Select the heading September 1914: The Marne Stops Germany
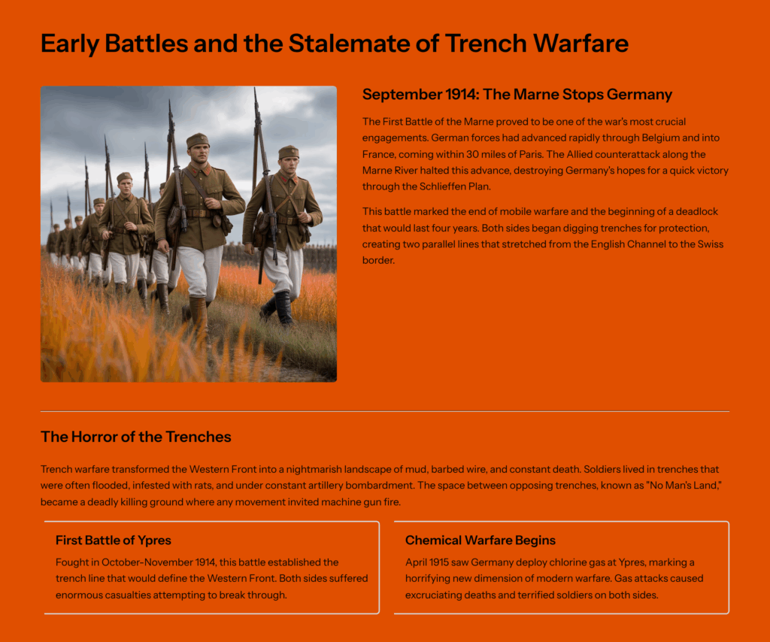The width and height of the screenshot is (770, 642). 517,94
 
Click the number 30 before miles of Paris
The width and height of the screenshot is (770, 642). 473,154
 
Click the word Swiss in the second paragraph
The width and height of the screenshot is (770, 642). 711,244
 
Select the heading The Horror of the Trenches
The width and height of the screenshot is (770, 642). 136,437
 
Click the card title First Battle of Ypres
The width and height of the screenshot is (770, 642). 114,541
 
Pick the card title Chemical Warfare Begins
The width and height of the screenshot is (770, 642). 480,541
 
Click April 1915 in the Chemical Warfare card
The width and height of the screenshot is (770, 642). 427,562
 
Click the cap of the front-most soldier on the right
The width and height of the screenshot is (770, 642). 289,152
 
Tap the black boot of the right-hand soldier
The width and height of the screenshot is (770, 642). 283,308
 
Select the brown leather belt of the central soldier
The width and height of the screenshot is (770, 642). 198,213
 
